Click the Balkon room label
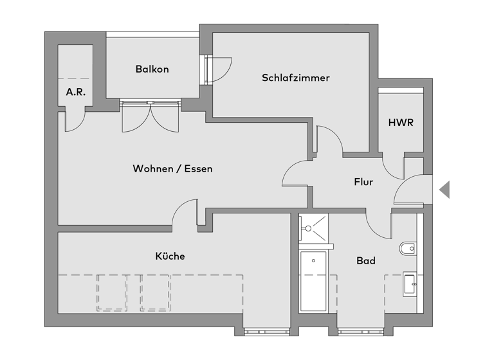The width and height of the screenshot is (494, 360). (x=152, y=69)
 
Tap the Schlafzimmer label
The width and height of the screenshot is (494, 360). (x=295, y=78)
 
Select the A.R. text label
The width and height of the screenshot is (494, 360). (x=75, y=92)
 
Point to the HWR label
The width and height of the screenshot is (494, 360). (x=400, y=122)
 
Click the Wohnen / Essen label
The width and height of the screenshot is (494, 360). (x=172, y=169)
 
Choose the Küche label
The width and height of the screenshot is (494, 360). (x=170, y=256)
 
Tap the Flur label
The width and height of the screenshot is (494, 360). (x=363, y=182)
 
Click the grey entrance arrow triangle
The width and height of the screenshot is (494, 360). (x=444, y=190)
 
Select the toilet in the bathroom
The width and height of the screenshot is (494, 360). (x=408, y=248)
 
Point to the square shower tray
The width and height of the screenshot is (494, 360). (x=313, y=228)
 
